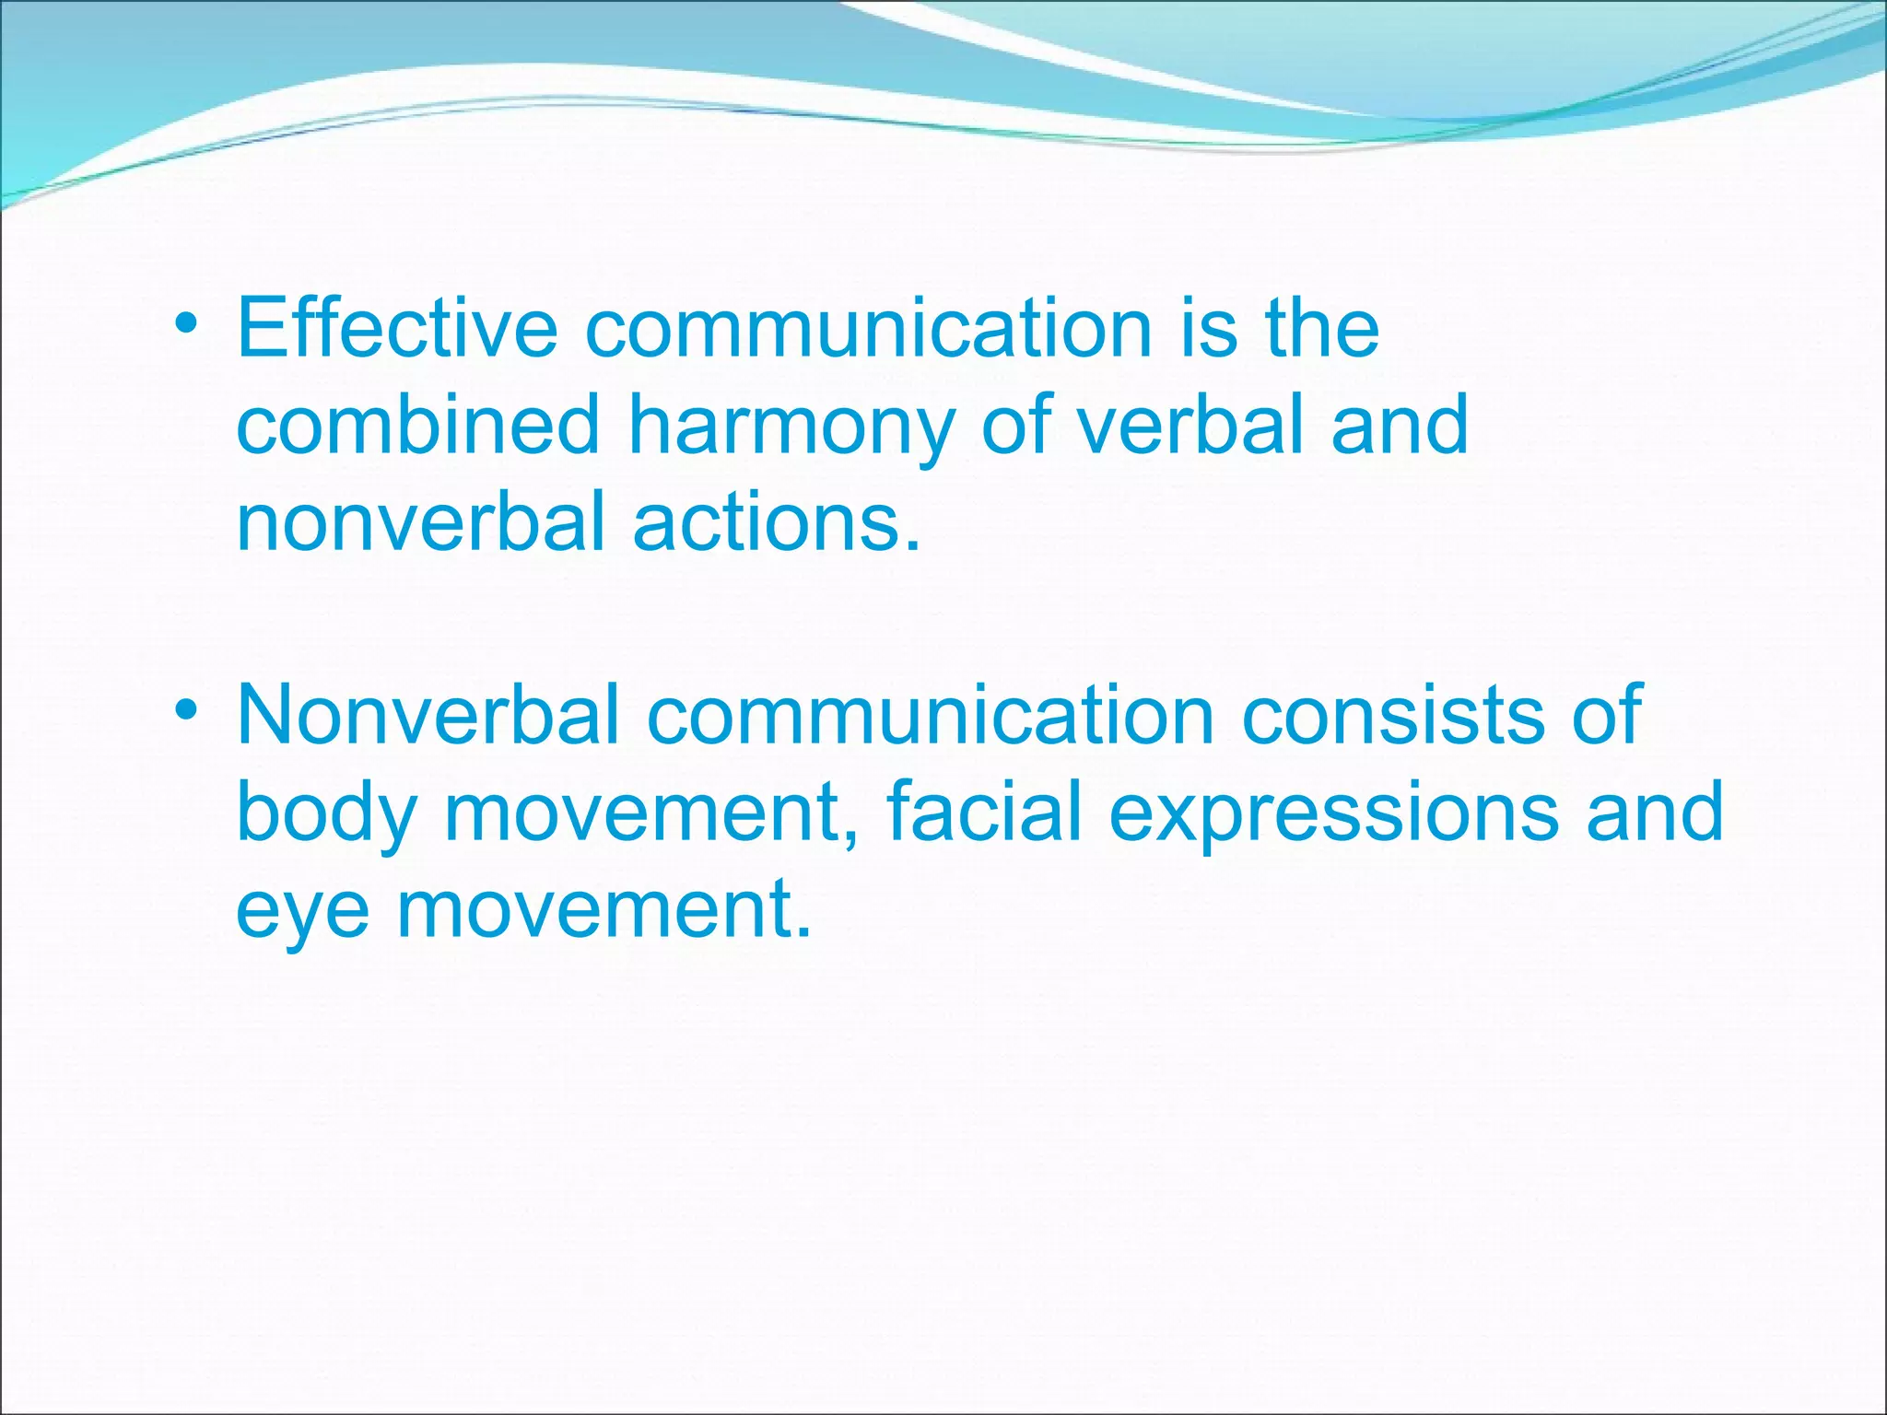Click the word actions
pos(776,521)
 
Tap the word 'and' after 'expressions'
pos(1654,811)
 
